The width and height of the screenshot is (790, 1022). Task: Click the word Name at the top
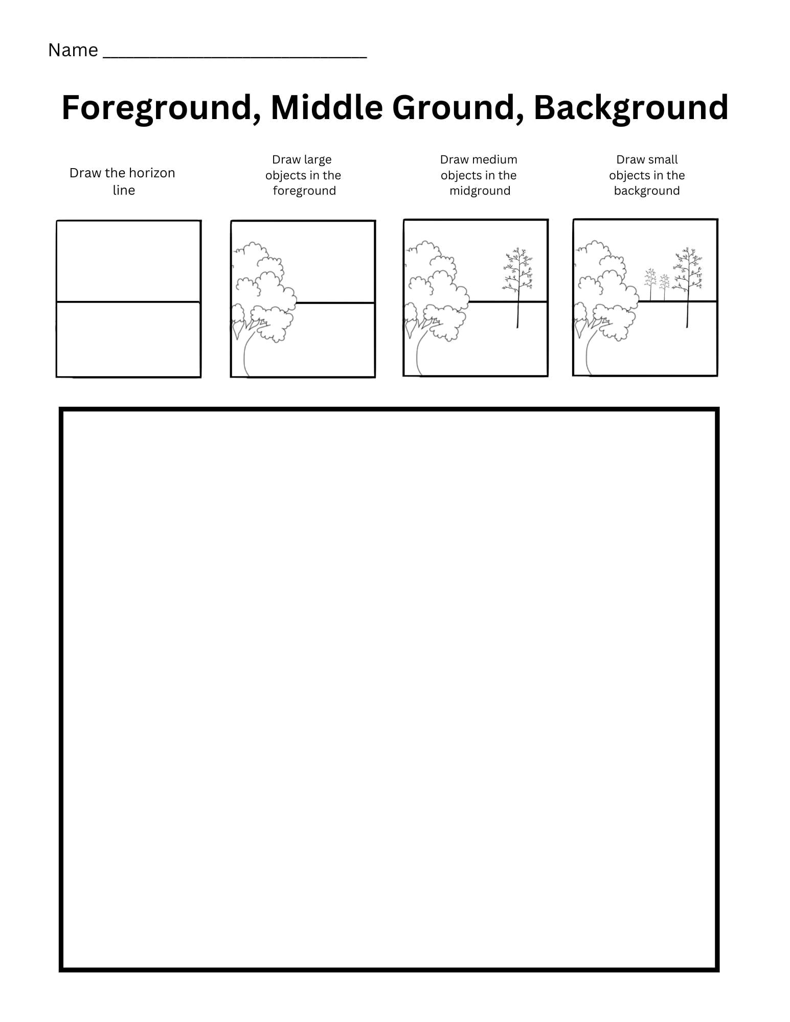73,50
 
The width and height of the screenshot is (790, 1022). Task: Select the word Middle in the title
326,108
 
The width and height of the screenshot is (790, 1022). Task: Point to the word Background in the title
631,108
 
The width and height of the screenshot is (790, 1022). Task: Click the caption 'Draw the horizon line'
122,181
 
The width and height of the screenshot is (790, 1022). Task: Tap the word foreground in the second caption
304,191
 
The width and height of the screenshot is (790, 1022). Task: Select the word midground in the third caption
480,191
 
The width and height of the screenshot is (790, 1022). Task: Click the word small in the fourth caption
662,159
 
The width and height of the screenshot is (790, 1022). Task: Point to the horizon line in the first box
128,301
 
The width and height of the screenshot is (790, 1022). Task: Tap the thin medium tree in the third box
518,286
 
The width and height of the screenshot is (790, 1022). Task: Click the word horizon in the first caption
152,173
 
